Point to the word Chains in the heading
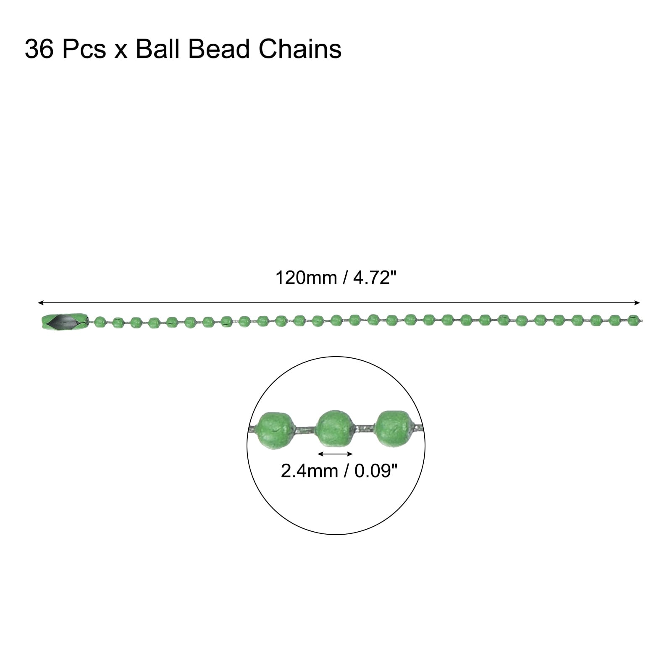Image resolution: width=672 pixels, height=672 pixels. tap(300, 50)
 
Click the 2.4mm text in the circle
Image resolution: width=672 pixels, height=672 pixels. tap(309, 471)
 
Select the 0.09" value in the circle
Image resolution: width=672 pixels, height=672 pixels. tap(375, 471)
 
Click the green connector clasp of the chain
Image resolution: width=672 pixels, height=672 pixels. tap(64, 322)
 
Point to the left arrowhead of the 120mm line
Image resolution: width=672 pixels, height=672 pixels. tap(40, 302)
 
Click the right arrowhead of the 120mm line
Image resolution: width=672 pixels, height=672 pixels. tap(637, 302)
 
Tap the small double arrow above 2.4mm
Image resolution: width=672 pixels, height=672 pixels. tap(335, 454)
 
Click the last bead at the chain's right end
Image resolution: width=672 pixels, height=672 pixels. tap(633, 320)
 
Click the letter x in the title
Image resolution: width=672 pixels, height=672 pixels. tap(121, 51)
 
